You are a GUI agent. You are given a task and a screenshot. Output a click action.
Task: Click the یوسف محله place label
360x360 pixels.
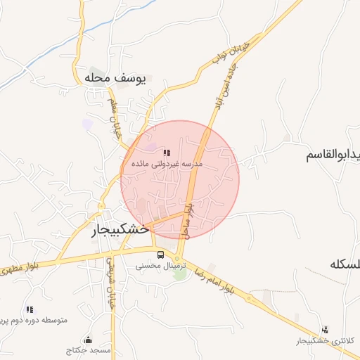(115, 78)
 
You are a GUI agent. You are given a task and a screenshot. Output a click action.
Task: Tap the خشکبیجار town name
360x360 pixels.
(120, 229)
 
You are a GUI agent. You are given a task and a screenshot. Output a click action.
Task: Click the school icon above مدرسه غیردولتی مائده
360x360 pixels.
(167, 152)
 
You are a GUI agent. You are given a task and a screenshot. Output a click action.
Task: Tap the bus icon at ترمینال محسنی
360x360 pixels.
(161, 255)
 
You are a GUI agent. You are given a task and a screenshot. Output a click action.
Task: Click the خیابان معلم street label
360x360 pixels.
(115, 117)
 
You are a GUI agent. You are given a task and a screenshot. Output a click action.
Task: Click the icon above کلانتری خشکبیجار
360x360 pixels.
(325, 328)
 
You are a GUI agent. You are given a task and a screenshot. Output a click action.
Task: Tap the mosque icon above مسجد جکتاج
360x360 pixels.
(87, 339)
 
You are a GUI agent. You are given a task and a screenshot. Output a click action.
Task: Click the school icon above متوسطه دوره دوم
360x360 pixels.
(30, 309)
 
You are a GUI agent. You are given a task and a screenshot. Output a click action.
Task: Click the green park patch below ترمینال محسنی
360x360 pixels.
(180, 274)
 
